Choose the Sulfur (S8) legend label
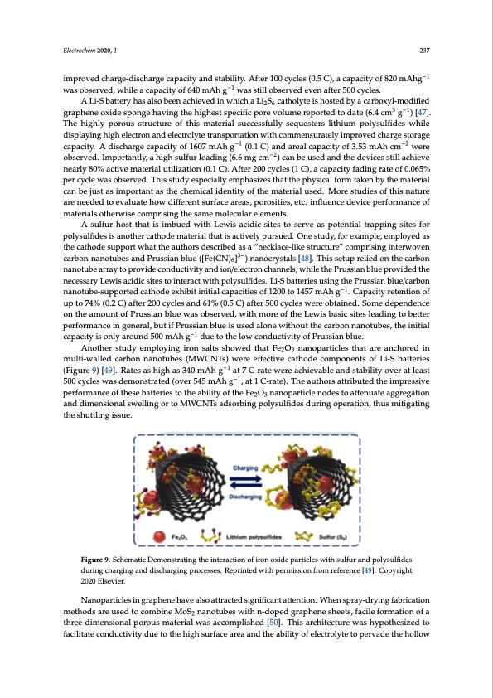point(334,538)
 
